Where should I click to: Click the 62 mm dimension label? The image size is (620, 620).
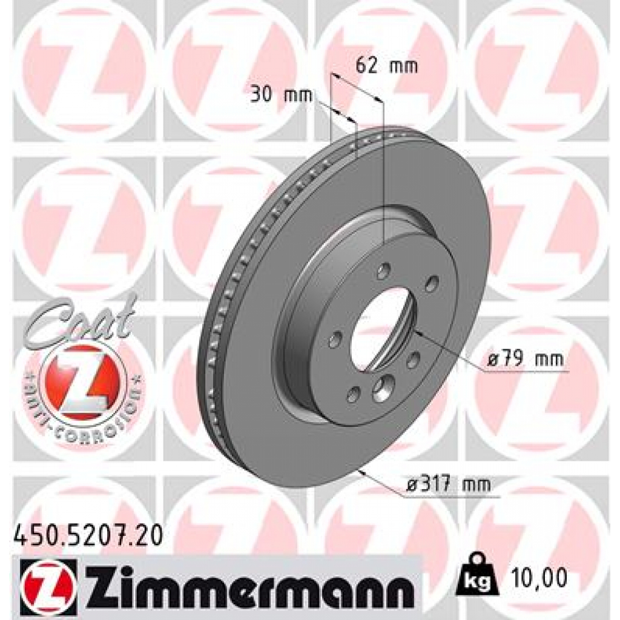pos(386,66)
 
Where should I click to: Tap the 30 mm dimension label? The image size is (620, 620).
pos(281,94)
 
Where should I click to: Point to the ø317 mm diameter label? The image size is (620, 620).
pos(448,484)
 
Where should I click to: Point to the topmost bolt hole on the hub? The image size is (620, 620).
pos(382,272)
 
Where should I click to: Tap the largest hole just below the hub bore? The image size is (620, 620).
pos(383,387)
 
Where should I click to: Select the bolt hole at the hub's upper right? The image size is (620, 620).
pos(432,283)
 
